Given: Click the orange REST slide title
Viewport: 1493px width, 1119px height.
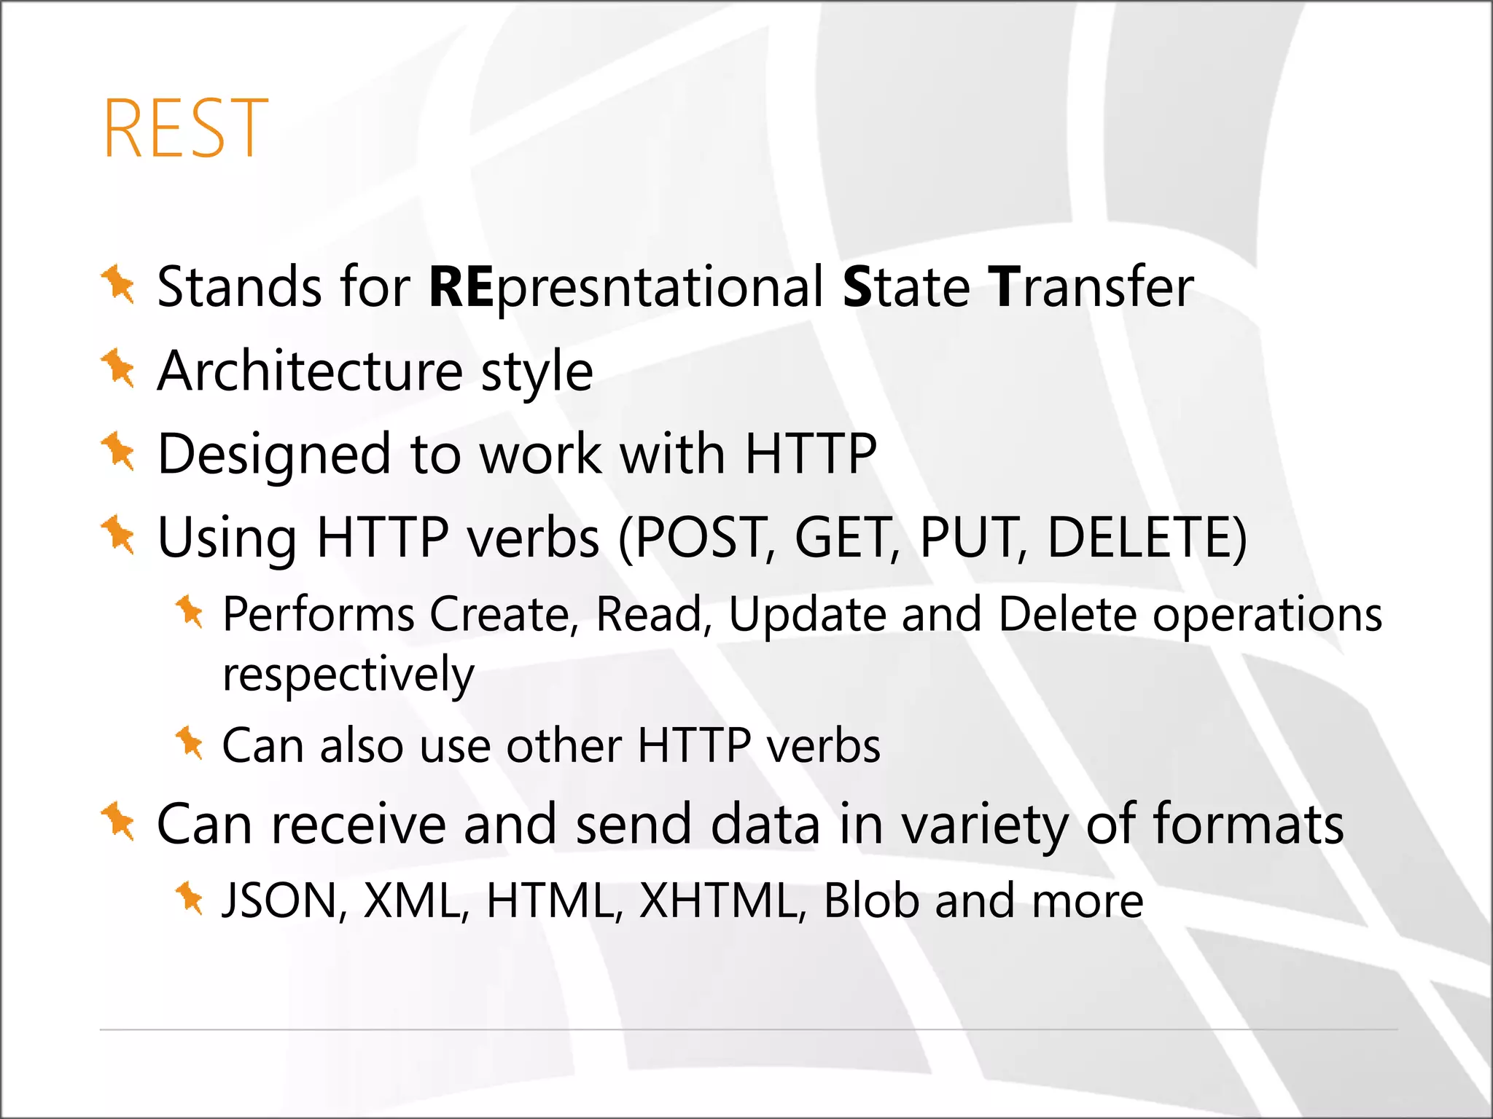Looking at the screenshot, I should (x=186, y=129).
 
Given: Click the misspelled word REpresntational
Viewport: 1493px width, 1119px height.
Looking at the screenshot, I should (x=626, y=288).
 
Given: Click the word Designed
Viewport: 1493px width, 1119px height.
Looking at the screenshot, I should (x=274, y=455).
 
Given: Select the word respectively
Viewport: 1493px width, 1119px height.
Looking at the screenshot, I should (x=348, y=674).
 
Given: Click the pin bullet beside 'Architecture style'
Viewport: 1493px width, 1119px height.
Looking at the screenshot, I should (x=117, y=368).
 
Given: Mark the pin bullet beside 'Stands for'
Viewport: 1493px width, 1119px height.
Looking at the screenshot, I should (x=117, y=284).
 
